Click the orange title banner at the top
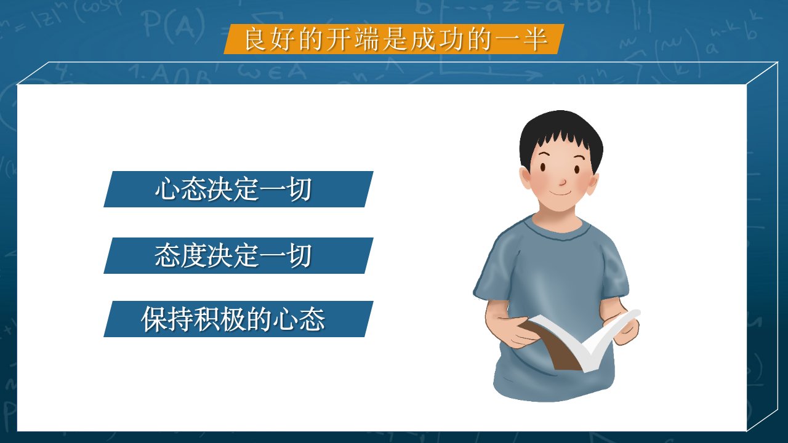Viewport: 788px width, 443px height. (394, 39)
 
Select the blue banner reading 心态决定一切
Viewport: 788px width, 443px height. (238, 189)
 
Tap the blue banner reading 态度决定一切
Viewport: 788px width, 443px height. (238, 255)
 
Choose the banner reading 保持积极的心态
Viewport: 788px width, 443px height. (238, 319)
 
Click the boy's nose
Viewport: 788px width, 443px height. (563, 182)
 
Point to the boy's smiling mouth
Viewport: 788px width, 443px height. (561, 193)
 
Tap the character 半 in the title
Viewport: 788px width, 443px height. (536, 39)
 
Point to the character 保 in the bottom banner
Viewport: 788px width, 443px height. (154, 319)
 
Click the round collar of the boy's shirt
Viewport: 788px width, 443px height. (560, 229)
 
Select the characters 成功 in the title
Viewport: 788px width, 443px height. (437, 39)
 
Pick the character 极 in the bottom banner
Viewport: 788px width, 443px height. (233, 319)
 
